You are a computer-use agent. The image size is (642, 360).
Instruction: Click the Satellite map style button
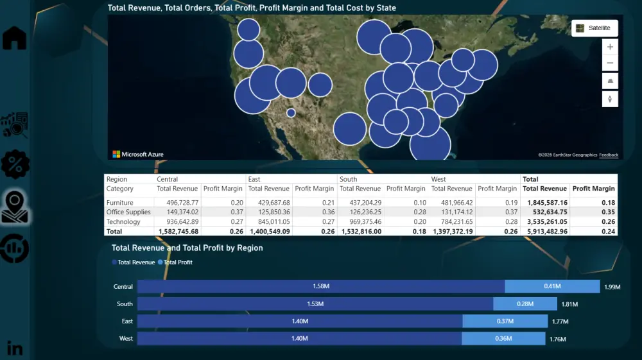point(594,28)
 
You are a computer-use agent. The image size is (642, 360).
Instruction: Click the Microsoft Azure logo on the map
point(138,154)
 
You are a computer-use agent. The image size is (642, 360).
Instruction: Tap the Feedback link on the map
point(609,155)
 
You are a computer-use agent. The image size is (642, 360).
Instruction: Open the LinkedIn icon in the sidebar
point(15,348)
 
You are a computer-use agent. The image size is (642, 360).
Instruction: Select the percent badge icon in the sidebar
point(15,165)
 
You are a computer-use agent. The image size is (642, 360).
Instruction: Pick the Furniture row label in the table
point(120,203)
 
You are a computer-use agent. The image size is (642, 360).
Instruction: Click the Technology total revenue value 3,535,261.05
point(544,221)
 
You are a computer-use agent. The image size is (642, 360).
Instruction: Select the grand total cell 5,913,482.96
point(544,231)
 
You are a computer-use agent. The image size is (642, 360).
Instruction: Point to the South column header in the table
point(349,179)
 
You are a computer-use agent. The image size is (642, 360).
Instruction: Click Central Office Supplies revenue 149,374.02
point(177,212)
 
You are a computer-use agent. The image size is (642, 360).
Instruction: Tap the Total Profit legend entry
point(178,262)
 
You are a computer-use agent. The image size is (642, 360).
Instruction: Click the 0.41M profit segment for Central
point(552,287)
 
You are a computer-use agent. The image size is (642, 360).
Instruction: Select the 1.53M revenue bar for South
point(315,304)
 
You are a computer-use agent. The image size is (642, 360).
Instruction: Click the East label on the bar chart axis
point(127,321)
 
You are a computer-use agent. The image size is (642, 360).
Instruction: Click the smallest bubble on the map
point(291,113)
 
